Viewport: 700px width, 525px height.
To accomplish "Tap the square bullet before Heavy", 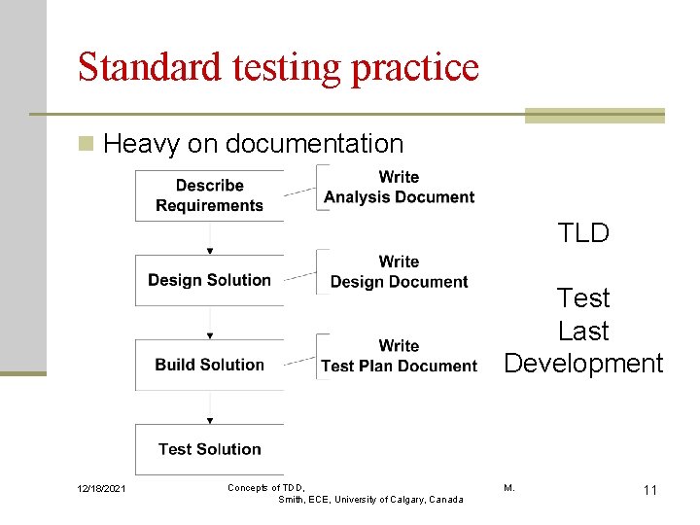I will [x=87, y=145].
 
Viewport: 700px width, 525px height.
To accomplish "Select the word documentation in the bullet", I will [x=314, y=144].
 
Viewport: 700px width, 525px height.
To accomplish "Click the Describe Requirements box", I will [x=209, y=195].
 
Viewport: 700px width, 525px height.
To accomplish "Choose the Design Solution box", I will [x=209, y=280].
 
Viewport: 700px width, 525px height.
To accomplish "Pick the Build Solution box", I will [x=209, y=365].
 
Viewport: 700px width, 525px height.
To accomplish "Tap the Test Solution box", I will [x=209, y=449].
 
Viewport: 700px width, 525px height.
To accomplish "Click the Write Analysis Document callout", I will [x=399, y=187].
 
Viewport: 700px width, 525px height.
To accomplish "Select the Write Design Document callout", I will [x=399, y=271].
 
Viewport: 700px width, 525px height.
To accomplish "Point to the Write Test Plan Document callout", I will [x=399, y=356].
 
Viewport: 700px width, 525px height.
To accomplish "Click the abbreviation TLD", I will [x=583, y=233].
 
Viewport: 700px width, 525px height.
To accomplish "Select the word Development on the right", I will [x=583, y=364].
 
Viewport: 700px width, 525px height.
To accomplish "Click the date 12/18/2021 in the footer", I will [x=99, y=489].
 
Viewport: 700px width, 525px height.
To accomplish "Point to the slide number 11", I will [x=649, y=490].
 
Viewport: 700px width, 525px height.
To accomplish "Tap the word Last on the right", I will [x=583, y=331].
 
